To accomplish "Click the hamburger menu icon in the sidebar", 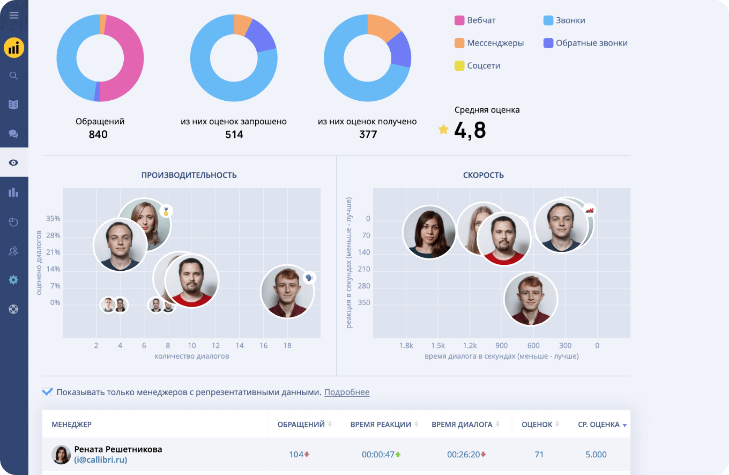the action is [x=14, y=15].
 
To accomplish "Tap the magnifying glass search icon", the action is [x=13, y=76].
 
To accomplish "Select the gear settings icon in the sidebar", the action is [x=13, y=280].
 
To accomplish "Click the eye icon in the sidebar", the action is [x=13, y=162].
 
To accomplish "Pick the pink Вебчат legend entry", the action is [x=475, y=20].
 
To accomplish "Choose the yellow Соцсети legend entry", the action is [x=477, y=65].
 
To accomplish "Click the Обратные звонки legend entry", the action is [x=585, y=43].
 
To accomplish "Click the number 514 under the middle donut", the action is [x=234, y=135].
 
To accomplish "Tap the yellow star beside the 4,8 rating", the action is [x=443, y=129].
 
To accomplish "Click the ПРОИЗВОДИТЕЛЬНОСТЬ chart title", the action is [x=189, y=175].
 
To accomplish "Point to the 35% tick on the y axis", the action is [x=53, y=218].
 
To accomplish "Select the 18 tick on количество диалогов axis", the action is [x=287, y=345].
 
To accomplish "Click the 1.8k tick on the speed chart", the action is [x=406, y=345].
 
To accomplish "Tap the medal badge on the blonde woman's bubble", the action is [x=166, y=211].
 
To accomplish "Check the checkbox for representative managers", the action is [x=47, y=392].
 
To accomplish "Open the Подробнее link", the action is [x=347, y=392].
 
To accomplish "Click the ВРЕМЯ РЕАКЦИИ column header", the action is [x=381, y=424].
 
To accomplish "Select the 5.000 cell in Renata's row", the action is [x=596, y=454].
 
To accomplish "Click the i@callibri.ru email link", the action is [x=101, y=459].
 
